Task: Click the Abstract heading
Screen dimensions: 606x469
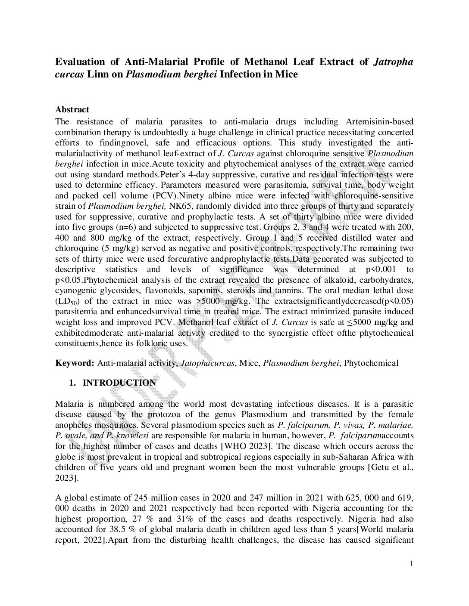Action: [x=72, y=110]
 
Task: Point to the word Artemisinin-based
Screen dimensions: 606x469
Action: [x=379, y=122]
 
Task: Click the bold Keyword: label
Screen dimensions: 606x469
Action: [x=75, y=363]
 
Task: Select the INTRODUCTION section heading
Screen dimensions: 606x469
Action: [x=119, y=383]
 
